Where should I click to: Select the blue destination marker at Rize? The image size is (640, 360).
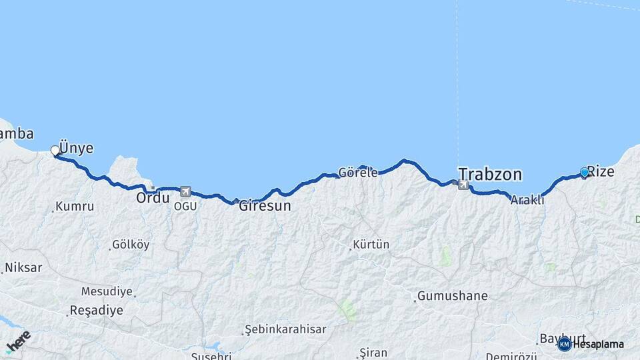pyautogui.click(x=585, y=173)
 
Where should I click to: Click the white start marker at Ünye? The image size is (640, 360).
pyautogui.click(x=55, y=151)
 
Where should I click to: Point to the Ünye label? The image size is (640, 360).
pyautogui.click(x=77, y=148)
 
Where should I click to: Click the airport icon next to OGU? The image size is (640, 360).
pyautogui.click(x=185, y=191)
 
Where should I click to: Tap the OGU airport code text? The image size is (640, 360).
pyautogui.click(x=185, y=205)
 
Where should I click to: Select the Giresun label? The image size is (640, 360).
pyautogui.click(x=265, y=206)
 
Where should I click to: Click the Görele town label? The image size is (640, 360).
pyautogui.click(x=358, y=172)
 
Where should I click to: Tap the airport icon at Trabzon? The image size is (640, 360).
pyautogui.click(x=463, y=184)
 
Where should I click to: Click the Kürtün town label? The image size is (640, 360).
pyautogui.click(x=371, y=245)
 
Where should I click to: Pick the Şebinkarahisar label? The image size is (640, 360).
pyautogui.click(x=286, y=329)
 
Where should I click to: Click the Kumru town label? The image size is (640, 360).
pyautogui.click(x=75, y=207)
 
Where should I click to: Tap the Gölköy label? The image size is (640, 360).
pyautogui.click(x=131, y=245)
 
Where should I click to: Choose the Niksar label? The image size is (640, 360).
pyautogui.click(x=23, y=268)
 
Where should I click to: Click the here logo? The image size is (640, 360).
pyautogui.click(x=18, y=341)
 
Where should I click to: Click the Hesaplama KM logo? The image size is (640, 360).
pyautogui.click(x=591, y=344)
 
